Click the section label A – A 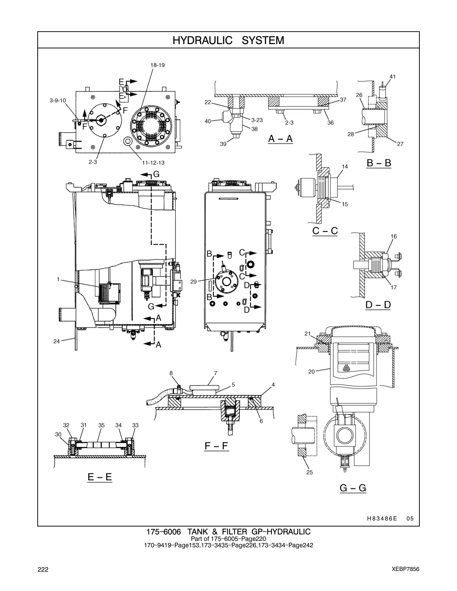280,139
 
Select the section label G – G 353,488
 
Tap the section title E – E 100,477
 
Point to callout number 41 392,77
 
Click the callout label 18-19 158,65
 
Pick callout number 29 193,282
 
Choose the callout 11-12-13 153,163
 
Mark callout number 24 56,341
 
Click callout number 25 309,472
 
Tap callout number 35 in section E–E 101,425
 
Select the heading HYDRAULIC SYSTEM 228,40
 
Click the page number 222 43,570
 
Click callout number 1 58,279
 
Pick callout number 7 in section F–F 215,373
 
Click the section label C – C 325,231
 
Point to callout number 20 311,371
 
